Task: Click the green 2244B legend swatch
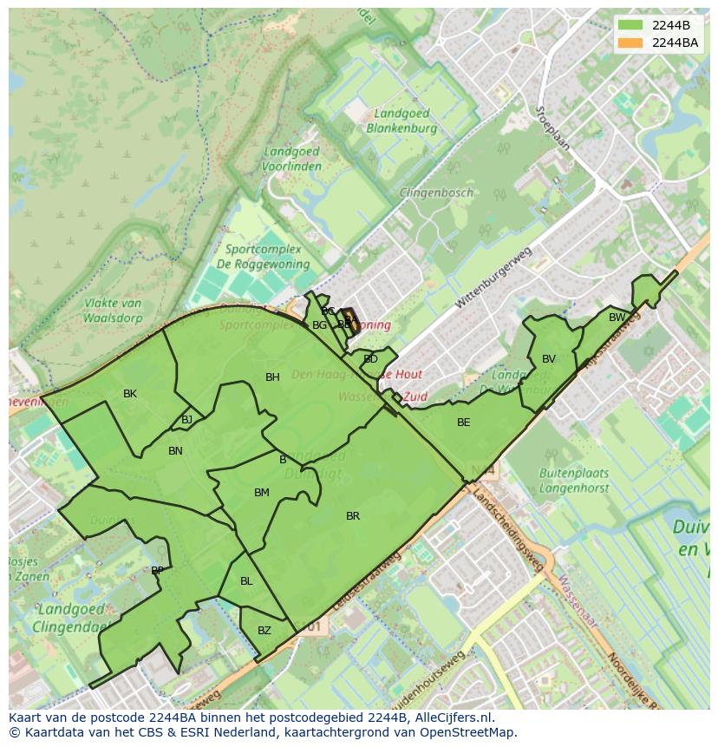click(630, 25)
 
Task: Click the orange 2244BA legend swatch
click(630, 43)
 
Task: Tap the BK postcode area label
click(130, 394)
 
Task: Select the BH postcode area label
click(272, 377)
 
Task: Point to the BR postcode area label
click(353, 516)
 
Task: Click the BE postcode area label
click(464, 423)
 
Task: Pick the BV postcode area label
click(549, 359)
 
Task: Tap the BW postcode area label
click(617, 318)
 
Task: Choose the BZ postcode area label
click(264, 631)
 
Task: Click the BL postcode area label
click(246, 581)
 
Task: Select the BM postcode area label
click(262, 493)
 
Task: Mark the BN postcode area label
click(175, 451)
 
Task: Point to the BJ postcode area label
click(187, 420)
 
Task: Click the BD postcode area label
click(371, 359)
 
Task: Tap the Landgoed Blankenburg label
click(401, 121)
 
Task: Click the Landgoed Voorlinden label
click(291, 159)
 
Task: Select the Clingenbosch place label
click(436, 193)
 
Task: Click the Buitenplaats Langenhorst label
click(574, 481)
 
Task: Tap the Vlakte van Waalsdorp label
click(114, 310)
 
